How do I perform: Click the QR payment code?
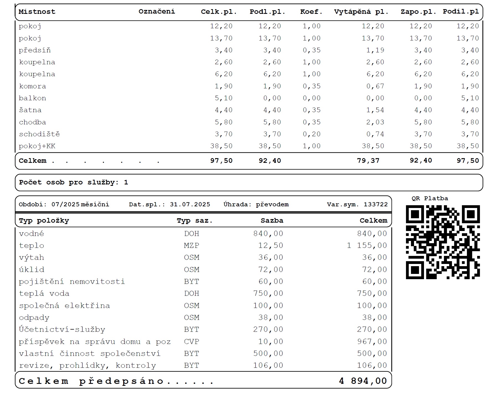(443, 242)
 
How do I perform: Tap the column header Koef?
(311, 12)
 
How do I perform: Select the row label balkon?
(32, 98)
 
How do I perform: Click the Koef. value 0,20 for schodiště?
(312, 134)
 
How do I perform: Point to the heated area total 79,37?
(368, 161)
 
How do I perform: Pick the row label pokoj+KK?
(37, 146)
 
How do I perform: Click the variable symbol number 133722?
(375, 204)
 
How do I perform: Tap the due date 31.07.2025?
(190, 204)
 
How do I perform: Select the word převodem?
(272, 204)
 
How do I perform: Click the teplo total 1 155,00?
(367, 245)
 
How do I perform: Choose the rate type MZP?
(191, 245)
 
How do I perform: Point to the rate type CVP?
(191, 341)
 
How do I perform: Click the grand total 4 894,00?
(363, 381)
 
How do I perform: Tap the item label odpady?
(34, 317)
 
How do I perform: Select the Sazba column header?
(272, 220)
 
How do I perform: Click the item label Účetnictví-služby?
(62, 330)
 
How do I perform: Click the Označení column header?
(157, 11)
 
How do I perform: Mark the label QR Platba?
(430, 198)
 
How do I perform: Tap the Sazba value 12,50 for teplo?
(271, 245)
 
